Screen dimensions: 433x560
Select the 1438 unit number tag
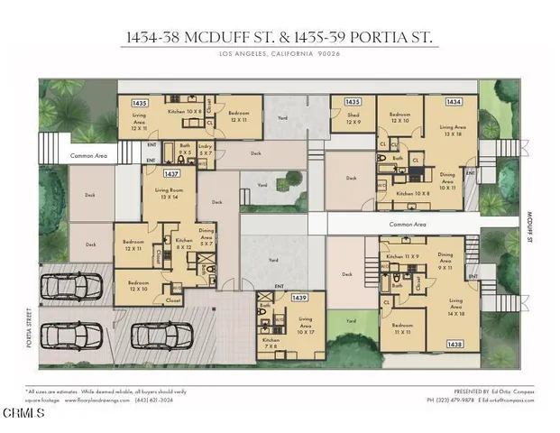point(454,344)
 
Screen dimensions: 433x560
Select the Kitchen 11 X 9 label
point(401,259)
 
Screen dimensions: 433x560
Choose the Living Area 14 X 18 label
point(455,308)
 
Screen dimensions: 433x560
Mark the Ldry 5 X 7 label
point(206,152)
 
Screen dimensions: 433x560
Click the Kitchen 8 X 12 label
point(184,244)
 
